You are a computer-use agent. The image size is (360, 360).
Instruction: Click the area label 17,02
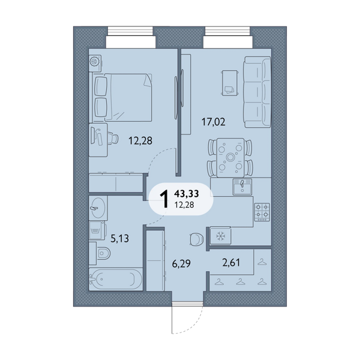point(213,122)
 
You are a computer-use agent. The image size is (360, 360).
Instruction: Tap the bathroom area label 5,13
point(119,239)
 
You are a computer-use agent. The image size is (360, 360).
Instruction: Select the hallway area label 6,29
point(181,263)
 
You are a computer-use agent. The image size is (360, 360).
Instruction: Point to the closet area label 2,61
point(231,262)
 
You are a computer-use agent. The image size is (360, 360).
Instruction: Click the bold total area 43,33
point(187,194)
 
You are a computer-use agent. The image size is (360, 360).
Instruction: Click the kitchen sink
point(242,187)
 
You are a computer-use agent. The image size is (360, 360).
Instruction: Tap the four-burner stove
point(262,212)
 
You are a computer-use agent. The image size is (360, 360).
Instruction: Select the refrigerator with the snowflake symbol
point(220,236)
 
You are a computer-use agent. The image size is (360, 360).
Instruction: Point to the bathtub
point(115,279)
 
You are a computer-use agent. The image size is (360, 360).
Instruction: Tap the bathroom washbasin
point(98,208)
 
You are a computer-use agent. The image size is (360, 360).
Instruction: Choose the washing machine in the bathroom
point(97,230)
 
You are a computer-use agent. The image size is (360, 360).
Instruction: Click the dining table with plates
point(230,157)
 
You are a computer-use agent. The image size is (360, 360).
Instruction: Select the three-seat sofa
point(257,92)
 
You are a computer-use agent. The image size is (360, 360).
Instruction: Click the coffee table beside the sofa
point(230,83)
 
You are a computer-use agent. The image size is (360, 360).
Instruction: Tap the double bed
point(123,98)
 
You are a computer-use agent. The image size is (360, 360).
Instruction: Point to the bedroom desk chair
point(113,138)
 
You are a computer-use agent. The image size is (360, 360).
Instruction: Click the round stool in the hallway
point(196,239)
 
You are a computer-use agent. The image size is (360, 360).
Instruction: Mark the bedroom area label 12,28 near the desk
point(140,141)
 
